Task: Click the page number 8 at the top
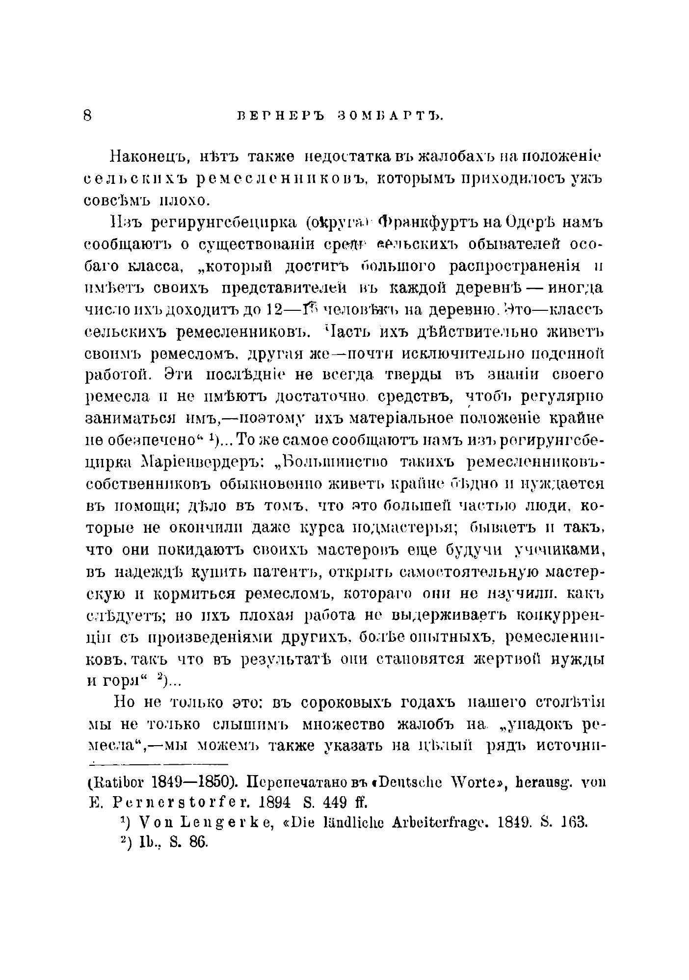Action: [x=88, y=116]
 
